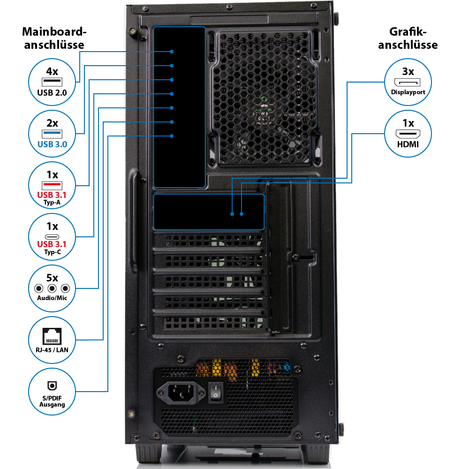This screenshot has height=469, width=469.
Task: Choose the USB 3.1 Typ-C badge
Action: pyautogui.click(x=52, y=238)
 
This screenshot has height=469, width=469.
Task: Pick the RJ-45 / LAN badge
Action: pyautogui.click(x=52, y=339)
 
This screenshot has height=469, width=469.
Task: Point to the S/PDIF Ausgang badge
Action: pyautogui.click(x=52, y=391)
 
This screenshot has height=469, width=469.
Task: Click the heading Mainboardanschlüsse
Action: pyautogui.click(x=54, y=38)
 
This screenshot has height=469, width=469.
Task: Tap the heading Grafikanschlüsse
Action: pyautogui.click(x=408, y=38)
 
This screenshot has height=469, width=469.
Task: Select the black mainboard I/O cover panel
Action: pyautogui.click(x=180, y=107)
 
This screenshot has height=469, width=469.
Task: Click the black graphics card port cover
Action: pyautogui.click(x=209, y=212)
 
